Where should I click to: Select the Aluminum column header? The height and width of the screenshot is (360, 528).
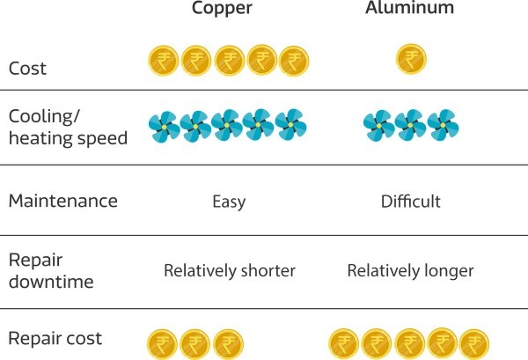coord(410,9)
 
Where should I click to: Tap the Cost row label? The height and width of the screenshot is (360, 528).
coord(27,67)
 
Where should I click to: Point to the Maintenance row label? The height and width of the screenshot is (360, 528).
coord(62,201)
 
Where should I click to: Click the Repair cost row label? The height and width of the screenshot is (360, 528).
coord(55,338)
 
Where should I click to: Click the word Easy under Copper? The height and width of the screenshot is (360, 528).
coord(229,202)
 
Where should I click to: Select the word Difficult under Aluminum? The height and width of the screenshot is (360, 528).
coord(410,202)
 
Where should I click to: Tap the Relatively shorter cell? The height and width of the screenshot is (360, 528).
coord(229,270)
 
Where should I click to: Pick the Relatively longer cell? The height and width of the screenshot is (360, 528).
coord(410,270)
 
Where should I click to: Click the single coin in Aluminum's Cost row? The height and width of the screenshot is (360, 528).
coord(410,60)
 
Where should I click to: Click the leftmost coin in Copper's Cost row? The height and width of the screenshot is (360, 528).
coord(163,61)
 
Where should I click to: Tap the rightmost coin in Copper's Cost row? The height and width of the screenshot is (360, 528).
coord(293,61)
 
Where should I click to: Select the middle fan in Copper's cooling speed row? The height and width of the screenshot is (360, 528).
coord(227,126)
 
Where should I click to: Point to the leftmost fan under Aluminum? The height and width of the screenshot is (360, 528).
coord(378,126)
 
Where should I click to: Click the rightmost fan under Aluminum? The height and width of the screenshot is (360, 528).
coord(442,126)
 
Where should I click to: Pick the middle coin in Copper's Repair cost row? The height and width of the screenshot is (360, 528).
coord(195,342)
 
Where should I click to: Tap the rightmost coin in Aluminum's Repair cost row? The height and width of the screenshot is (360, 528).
coord(474,342)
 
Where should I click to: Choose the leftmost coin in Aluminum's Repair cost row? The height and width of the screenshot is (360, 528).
coord(344,342)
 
